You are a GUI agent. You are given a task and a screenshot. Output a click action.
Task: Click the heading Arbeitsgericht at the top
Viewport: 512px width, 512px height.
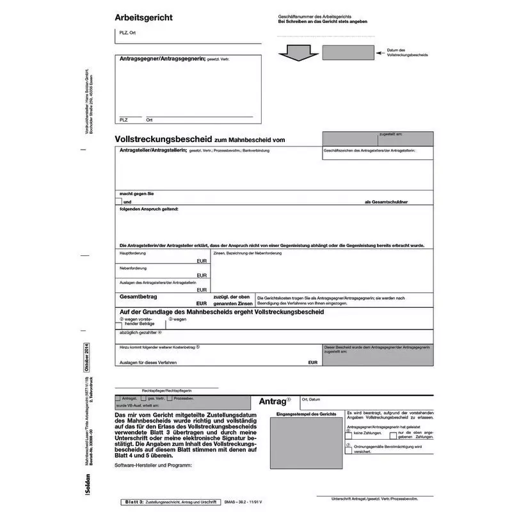coord(143,17)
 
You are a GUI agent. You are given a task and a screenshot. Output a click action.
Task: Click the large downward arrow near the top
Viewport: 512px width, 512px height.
coord(295,51)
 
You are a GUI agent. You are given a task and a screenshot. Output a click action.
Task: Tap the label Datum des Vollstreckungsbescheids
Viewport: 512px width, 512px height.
coord(408,52)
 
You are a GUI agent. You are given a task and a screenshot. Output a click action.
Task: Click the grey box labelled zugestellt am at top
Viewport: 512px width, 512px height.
coord(377,139)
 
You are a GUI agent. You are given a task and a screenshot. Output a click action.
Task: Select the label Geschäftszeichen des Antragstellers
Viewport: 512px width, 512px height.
coord(370,150)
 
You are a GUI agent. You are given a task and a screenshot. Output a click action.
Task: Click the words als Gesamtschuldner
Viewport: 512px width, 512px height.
coord(386,202)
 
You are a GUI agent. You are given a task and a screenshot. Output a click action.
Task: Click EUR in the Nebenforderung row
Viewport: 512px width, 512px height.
coord(202,275)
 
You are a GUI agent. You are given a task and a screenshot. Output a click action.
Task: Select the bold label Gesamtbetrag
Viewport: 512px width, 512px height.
coord(139,297)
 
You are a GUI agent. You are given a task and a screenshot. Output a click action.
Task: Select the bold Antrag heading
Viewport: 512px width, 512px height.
coord(274,402)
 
